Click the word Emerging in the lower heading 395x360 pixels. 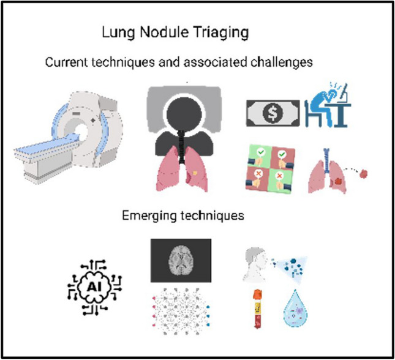pos(144,217)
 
